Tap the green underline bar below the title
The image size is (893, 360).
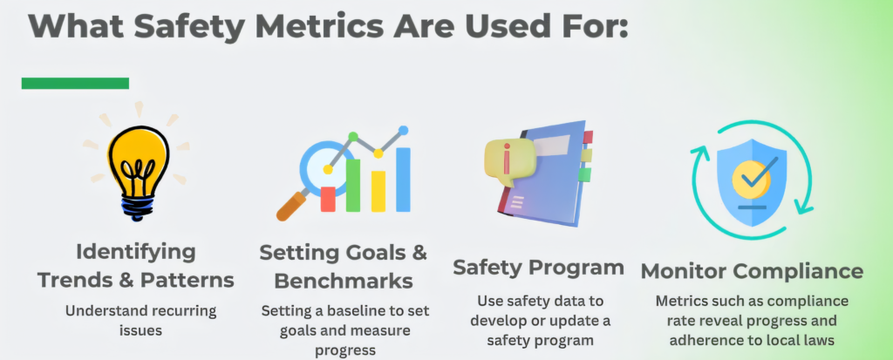[x=75, y=83]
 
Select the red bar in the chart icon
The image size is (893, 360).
[x=328, y=199]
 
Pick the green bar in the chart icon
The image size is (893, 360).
[x=353, y=185]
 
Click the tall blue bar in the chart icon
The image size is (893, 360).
[x=403, y=180]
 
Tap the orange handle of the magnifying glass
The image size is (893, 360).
[x=292, y=206]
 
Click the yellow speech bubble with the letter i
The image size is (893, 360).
[x=508, y=161]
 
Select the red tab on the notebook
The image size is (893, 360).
[x=587, y=137]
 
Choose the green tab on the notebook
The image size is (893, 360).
[x=584, y=174]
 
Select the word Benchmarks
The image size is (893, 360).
[x=344, y=282]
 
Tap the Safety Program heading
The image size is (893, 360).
[x=538, y=268]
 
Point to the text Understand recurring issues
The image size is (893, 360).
[x=140, y=320]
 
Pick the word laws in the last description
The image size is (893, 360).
[x=819, y=341]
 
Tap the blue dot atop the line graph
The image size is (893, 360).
[x=403, y=131]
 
